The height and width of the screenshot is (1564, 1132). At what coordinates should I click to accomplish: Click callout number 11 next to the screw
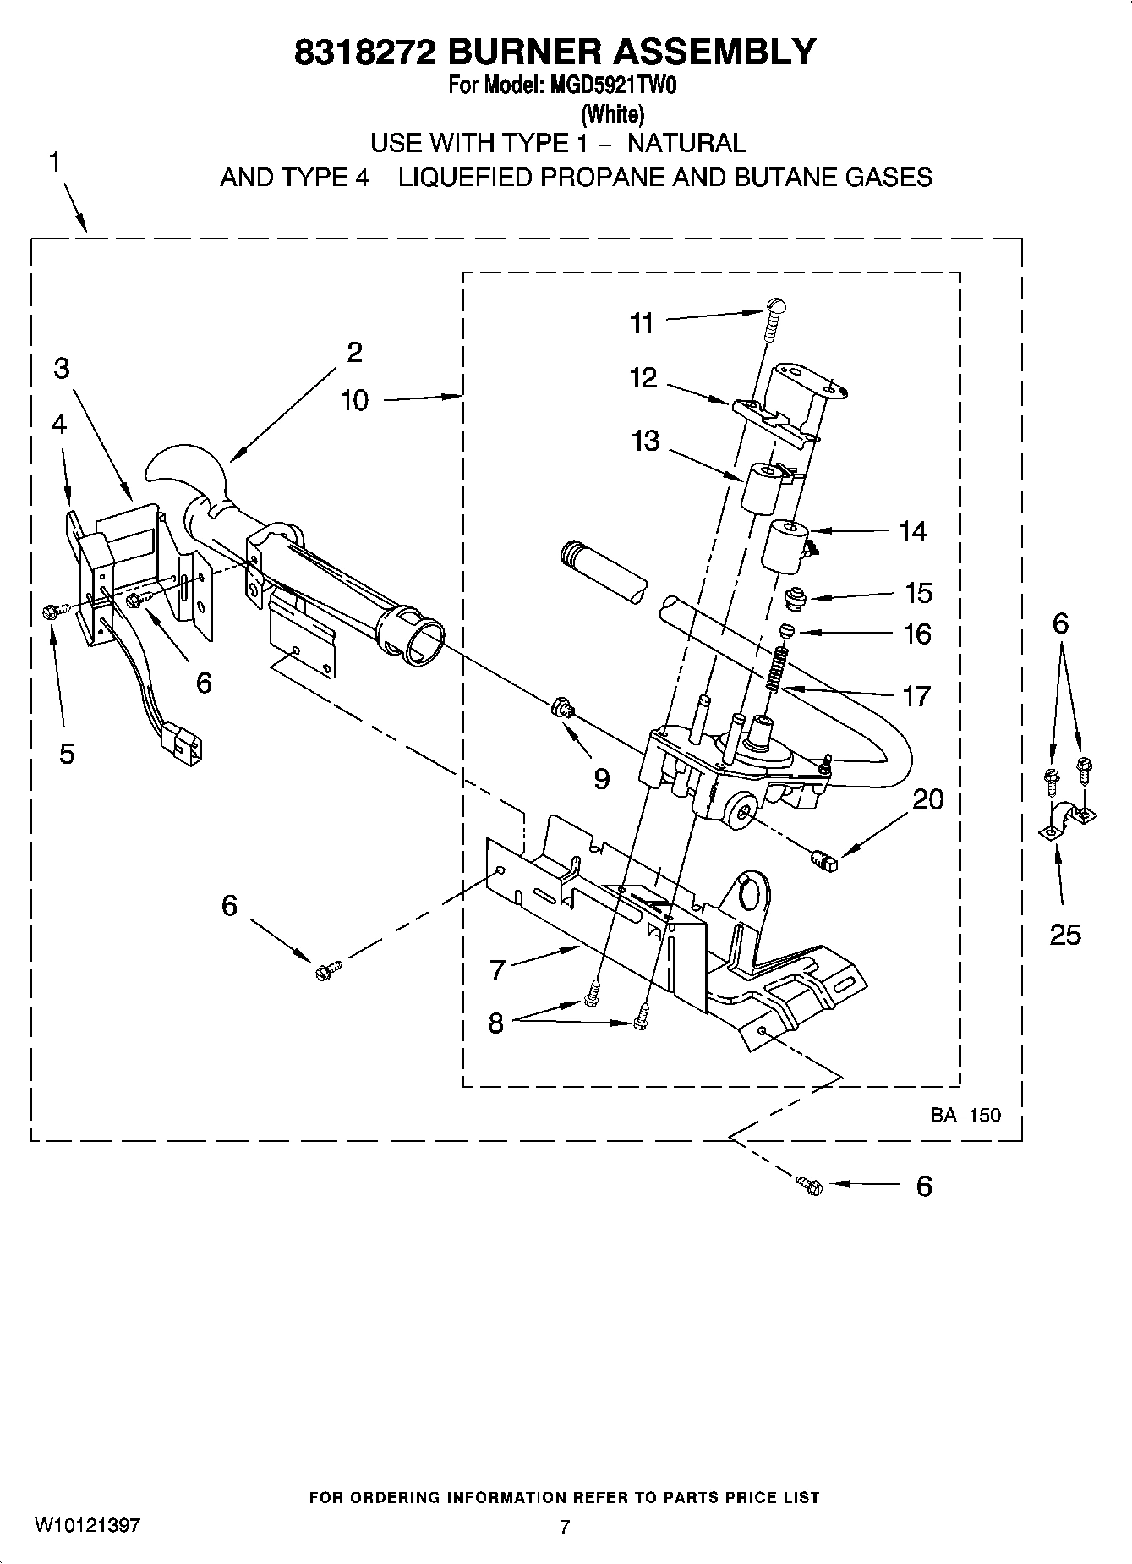(x=642, y=323)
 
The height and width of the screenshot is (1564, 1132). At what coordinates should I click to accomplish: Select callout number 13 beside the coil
(x=645, y=441)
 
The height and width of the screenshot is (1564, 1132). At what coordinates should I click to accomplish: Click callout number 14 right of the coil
(x=913, y=531)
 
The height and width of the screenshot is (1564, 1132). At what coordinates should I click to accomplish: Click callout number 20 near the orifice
(x=928, y=798)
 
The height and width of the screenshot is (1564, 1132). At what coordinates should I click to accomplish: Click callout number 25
(x=1065, y=934)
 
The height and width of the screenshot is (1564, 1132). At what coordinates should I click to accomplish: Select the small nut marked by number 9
(x=560, y=705)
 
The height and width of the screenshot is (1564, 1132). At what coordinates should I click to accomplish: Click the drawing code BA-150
(x=965, y=1115)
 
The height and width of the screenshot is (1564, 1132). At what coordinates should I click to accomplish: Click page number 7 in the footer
(x=566, y=1527)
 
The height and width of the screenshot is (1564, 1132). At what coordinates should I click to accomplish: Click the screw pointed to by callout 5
(x=49, y=611)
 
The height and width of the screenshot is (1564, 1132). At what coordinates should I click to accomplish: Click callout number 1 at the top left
(x=54, y=162)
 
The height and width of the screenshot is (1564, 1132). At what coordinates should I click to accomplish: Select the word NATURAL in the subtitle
(x=686, y=143)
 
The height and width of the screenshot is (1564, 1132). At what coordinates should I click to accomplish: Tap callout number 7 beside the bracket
(x=497, y=969)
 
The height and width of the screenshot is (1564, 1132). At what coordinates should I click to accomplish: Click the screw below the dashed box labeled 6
(x=810, y=1185)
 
